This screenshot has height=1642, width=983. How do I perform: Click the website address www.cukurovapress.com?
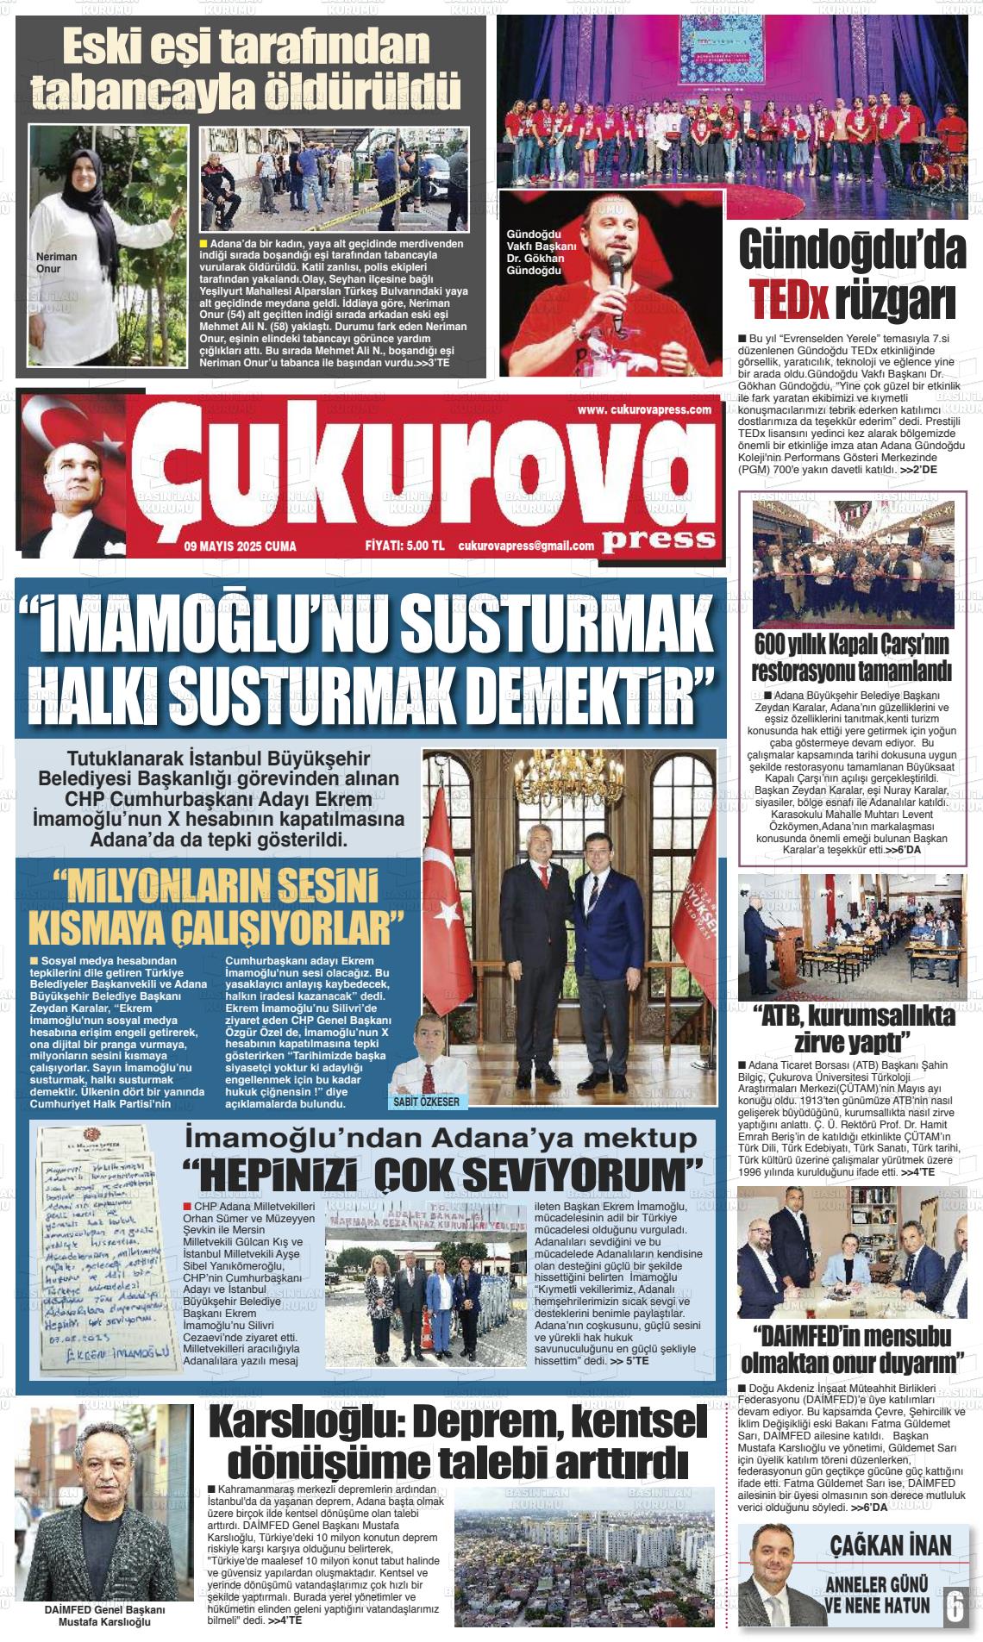pos(644,409)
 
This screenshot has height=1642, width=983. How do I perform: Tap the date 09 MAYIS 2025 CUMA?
pos(240,546)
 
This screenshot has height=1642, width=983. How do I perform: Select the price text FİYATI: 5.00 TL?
pos(404,546)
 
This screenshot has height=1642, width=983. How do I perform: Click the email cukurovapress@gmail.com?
pos(526,546)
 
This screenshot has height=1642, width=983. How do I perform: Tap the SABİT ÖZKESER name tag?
pos(426,1102)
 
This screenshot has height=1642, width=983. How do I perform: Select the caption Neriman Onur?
pos(56,262)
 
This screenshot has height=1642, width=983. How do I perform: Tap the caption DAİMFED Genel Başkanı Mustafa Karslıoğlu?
pos(104,1615)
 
